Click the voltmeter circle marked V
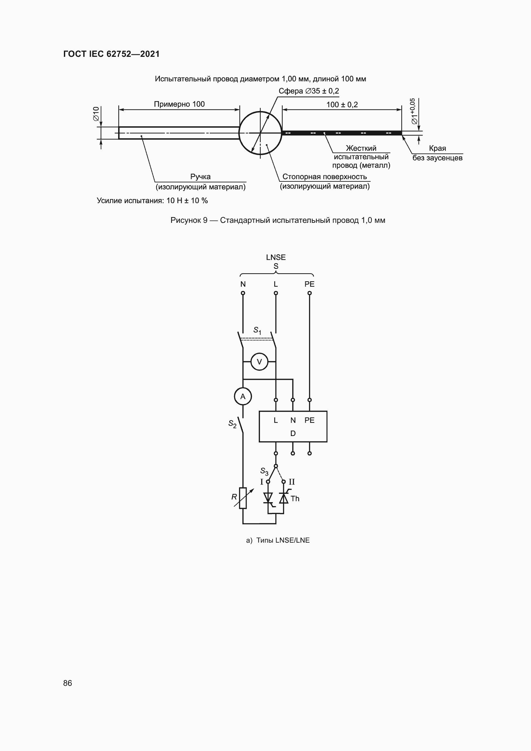[x=259, y=362]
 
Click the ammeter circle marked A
[x=243, y=397]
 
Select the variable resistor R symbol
[x=243, y=498]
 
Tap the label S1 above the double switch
[x=257, y=330]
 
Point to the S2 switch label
[x=232, y=424]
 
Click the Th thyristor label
[x=295, y=499]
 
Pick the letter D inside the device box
[x=293, y=433]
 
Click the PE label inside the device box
[x=309, y=420]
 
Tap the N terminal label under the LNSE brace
[x=243, y=284]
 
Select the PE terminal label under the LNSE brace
[x=309, y=284]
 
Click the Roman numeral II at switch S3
[x=292, y=482]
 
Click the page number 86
[x=67, y=683]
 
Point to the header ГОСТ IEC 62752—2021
[x=111, y=54]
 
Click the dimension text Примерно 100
[x=179, y=104]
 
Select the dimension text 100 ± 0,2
[x=342, y=105]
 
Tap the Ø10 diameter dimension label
[x=96, y=114]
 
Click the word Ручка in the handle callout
[x=200, y=177]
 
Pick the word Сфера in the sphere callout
[x=291, y=91]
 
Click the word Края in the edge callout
[x=438, y=149]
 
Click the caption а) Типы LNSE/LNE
[x=278, y=540]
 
